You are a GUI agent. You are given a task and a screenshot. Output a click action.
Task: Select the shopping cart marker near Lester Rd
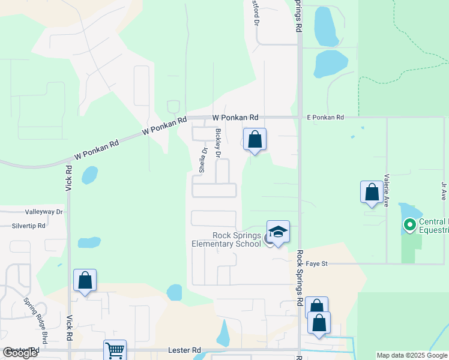coord(115,350)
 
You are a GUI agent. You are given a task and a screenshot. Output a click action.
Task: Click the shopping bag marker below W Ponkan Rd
coord(255,140)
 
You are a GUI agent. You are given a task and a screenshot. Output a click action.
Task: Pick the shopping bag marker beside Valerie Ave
coord(372,193)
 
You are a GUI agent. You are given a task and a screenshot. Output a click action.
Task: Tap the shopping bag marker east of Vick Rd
coord(85,280)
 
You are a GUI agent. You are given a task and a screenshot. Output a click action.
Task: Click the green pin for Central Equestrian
coord(410,226)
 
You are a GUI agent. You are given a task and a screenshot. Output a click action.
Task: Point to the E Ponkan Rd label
coord(325,118)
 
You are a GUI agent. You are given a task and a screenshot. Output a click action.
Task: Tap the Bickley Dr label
coord(218,143)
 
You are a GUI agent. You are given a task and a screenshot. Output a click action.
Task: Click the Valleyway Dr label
coord(44,212)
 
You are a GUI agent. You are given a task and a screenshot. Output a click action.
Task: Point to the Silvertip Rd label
coord(28,226)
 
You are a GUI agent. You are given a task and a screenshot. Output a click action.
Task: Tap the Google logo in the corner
coord(20,353)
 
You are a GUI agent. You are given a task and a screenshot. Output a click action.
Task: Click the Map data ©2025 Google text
coord(412,355)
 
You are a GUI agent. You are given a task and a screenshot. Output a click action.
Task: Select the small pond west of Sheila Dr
coord(89,175)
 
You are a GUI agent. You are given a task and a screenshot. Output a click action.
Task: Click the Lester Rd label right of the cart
coord(188,350)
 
